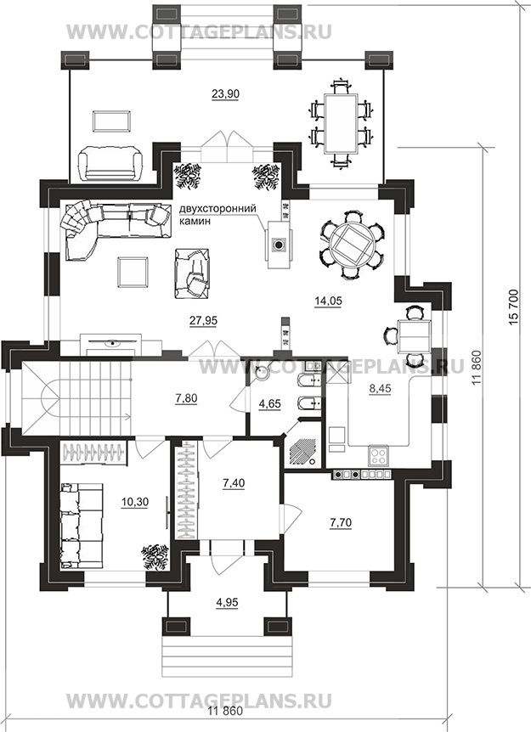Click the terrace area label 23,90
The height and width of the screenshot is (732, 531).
coord(225,94)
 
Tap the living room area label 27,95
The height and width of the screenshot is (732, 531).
coord(203,320)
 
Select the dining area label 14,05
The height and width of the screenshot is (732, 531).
coord(328,301)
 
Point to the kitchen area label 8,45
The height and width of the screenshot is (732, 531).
coord(380,388)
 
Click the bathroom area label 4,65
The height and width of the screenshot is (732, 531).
coord(270,403)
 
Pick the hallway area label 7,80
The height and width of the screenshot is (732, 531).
coord(186,398)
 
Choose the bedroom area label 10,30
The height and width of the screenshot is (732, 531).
coord(134,502)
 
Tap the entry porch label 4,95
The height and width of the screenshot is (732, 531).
coord(227,602)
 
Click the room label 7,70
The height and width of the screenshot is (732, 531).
coord(341,523)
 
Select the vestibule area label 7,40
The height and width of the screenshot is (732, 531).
coord(234,483)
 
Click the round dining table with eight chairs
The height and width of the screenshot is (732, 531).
coord(352,245)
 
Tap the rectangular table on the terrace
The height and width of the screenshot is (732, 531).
coord(341,123)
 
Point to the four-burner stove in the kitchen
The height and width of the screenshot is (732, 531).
coord(378,456)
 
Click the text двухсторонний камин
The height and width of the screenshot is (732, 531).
coord(218,215)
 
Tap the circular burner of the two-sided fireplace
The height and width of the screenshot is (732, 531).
coord(279,245)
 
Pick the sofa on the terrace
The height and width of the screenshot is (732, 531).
coord(116,162)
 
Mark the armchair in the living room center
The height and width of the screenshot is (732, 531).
coord(192,273)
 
